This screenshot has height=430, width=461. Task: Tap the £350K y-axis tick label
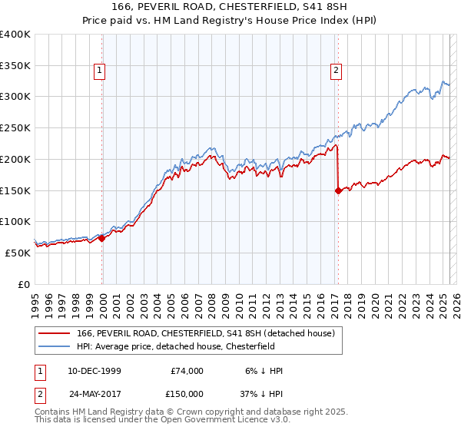click(15, 66)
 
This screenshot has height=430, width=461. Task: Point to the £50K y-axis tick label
click(18, 253)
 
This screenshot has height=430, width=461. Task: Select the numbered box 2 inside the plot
click(337, 71)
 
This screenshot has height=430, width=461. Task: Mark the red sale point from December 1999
click(102, 238)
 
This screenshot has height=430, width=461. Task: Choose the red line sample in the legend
click(55, 333)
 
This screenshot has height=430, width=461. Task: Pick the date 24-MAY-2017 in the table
click(93, 392)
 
